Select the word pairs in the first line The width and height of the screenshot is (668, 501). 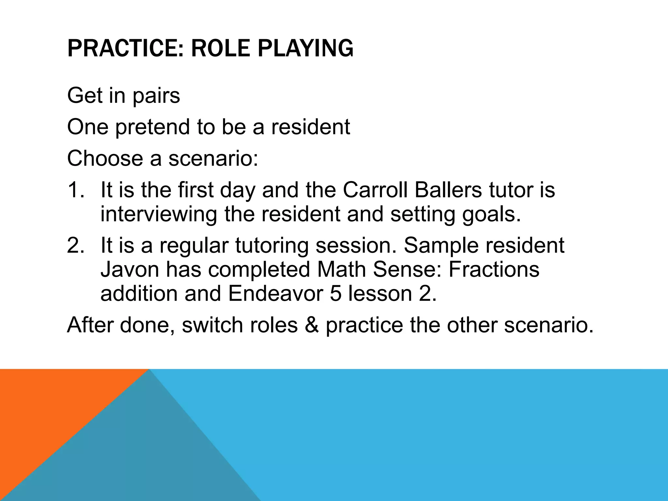click(x=156, y=96)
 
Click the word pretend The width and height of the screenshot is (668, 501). click(x=153, y=127)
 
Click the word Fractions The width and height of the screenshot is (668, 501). click(x=494, y=269)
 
